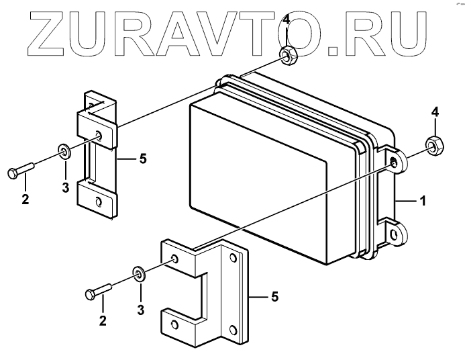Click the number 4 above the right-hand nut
[435, 111]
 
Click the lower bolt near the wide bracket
[98, 292]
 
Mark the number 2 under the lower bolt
[103, 321]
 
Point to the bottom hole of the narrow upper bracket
[99, 201]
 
